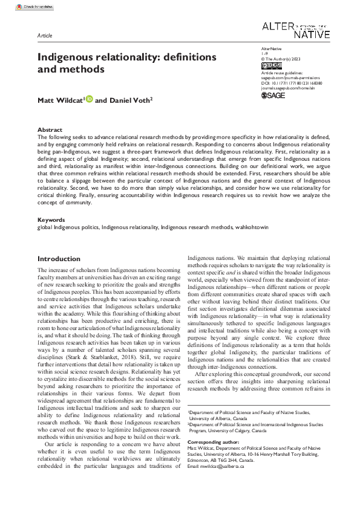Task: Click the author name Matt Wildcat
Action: click(59, 99)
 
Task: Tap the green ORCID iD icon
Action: click(89, 99)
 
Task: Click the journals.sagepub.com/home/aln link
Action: click(290, 88)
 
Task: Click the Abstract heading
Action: click(50, 130)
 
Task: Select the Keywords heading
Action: click(51, 219)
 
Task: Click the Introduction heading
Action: click(59, 258)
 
